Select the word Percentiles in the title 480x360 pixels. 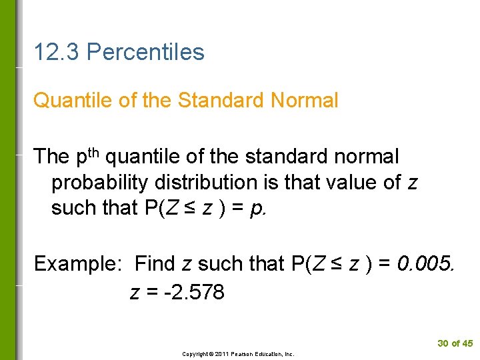(x=145, y=52)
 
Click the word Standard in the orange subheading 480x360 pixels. (x=221, y=101)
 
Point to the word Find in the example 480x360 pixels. (x=155, y=264)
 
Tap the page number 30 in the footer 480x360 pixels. (x=443, y=343)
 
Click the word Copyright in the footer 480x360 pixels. (x=195, y=354)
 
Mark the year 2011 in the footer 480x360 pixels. (x=222, y=354)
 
